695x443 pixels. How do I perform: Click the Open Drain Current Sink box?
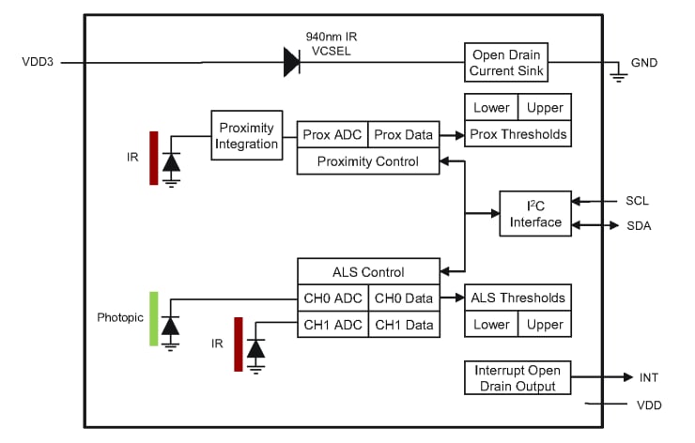504,62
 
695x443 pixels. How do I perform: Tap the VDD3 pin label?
39,63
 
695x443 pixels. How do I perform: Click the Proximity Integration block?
246,135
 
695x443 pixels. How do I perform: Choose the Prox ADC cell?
332,134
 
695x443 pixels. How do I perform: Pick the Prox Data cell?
403,134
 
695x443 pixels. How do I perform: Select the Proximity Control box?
368,161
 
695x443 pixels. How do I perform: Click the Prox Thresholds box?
517,134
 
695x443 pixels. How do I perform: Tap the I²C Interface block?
535,214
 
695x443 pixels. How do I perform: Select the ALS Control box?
368,272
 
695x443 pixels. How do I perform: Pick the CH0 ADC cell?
332,298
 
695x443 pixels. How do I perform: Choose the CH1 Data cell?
404,325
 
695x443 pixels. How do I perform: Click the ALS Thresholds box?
517,298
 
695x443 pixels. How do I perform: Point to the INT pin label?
648,378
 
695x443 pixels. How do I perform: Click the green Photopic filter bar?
153,318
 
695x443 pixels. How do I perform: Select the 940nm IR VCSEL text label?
332,43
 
